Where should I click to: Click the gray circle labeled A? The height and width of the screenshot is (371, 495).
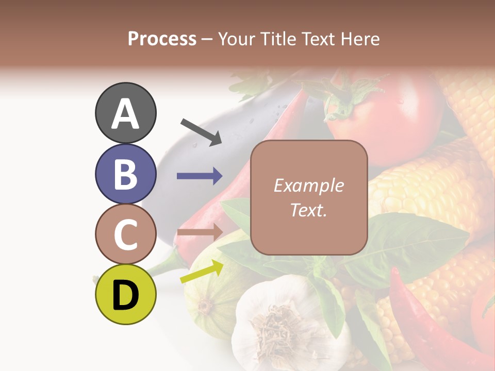[125, 113]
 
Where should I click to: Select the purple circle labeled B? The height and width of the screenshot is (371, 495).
[125, 174]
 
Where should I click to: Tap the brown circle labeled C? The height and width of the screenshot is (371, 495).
[125, 234]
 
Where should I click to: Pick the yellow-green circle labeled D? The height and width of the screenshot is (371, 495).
[125, 294]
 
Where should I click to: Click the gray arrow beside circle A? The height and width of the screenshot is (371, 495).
[201, 131]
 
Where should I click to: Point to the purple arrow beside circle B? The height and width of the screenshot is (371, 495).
[200, 176]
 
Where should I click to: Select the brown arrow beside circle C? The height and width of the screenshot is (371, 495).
[200, 231]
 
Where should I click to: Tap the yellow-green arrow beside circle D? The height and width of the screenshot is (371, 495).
[202, 272]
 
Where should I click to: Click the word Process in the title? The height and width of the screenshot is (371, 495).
[162, 39]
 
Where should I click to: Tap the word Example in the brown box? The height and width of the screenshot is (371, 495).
[308, 185]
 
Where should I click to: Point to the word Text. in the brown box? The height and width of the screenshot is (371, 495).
[308, 210]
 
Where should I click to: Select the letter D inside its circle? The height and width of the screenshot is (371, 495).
[125, 295]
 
